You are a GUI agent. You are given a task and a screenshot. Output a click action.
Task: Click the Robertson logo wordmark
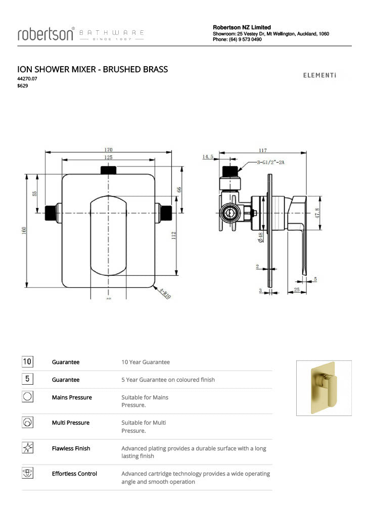pos(46,34)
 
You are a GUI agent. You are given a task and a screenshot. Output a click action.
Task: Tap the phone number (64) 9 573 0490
pos(245,39)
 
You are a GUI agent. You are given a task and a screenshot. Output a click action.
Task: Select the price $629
pos(23,86)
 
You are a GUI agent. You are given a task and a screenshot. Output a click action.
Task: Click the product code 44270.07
pos(27,79)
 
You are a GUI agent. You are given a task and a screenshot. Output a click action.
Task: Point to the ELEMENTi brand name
pos(319,76)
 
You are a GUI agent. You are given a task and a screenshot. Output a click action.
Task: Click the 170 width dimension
pos(108,149)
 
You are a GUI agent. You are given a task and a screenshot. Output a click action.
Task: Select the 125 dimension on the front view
pos(108,158)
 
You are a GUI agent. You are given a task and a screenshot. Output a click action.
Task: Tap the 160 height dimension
pos(24,230)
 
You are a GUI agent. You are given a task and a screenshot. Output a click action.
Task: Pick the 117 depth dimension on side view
pos(263,150)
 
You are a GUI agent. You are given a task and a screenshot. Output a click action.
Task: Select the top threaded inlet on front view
pos(108,171)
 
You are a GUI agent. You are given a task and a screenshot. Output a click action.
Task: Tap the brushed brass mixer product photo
pos(324,387)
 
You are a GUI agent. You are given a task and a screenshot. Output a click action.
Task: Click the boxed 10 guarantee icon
pos(27,361)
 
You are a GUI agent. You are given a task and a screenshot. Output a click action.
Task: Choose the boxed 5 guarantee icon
pos(27,379)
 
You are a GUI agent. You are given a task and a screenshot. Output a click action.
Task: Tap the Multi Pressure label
pos(71,423)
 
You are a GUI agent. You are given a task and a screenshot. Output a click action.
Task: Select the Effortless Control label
pos(74,474)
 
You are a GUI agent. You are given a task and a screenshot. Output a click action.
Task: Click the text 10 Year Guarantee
pos(146,362)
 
